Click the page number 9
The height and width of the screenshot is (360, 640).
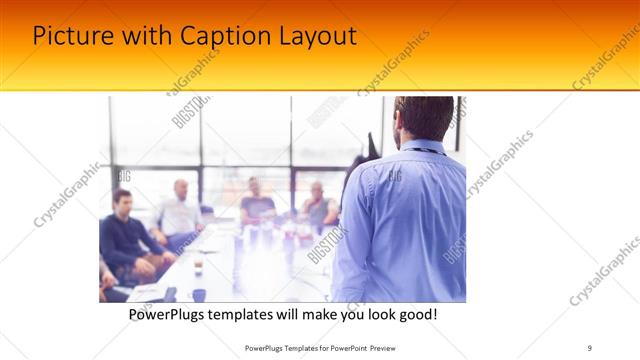click(589, 348)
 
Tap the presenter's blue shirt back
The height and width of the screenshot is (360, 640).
click(405, 220)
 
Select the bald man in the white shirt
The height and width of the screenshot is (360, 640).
click(180, 210)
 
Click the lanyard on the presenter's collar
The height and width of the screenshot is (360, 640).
click(420, 149)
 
